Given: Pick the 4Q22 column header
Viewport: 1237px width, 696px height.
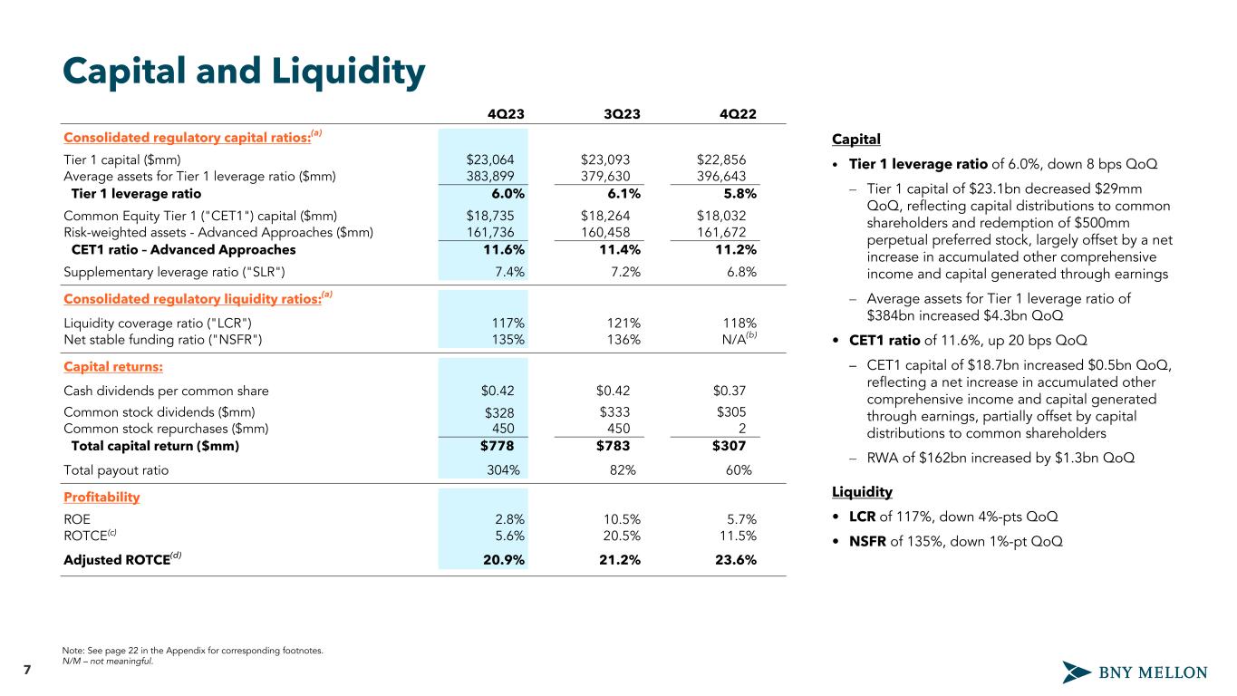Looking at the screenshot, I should point(739,113).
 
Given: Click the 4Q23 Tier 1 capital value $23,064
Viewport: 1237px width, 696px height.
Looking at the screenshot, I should point(490,159).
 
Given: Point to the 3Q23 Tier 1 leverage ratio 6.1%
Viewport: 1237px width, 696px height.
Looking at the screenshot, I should point(623,193).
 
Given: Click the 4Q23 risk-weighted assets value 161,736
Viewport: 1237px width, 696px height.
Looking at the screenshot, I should point(489,233).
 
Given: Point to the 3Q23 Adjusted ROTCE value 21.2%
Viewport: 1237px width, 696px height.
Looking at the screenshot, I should point(622,559).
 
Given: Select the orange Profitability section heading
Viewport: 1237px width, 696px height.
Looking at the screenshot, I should point(101,498).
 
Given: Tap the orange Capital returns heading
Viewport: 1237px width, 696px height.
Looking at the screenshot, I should point(113,367).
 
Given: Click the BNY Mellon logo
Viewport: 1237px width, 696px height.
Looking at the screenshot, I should point(1135,672).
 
